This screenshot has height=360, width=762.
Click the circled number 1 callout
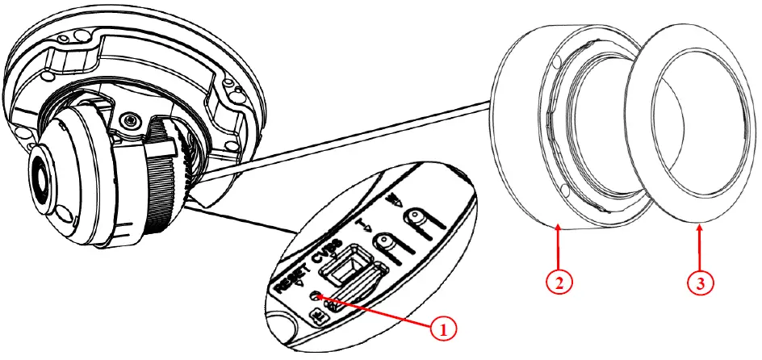pos(441,329)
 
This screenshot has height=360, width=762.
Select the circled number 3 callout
pos(699,283)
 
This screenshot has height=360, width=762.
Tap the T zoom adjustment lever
pos(386,242)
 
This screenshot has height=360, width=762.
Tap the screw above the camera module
pos(127,121)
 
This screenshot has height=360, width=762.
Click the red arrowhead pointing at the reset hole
pos(324,298)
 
